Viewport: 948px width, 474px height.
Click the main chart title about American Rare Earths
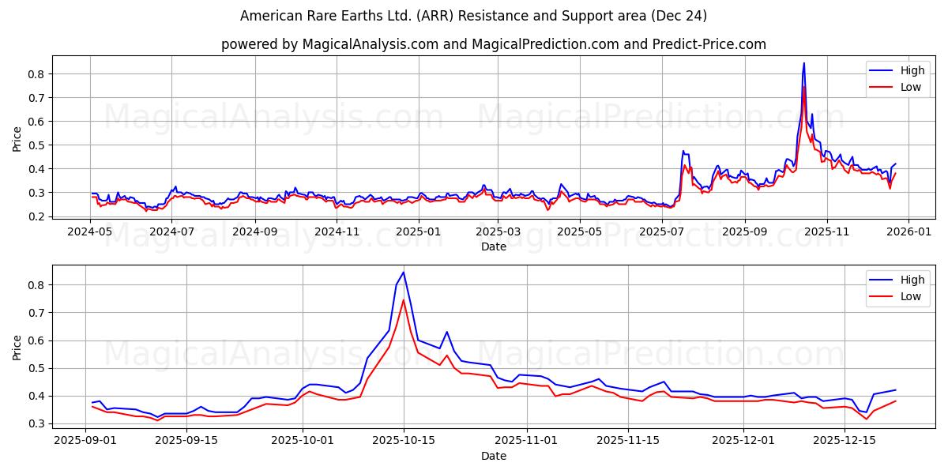tap(474, 16)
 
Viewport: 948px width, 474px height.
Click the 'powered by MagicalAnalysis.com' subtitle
tap(493, 44)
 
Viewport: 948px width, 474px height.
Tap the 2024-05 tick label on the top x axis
tap(89, 232)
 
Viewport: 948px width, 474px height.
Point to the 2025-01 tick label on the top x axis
tap(418, 232)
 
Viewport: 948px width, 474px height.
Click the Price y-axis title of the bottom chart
tap(17, 348)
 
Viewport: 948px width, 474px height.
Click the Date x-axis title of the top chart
tap(494, 246)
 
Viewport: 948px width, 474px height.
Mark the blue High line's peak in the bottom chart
tap(404, 273)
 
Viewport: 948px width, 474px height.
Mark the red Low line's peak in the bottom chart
tap(404, 299)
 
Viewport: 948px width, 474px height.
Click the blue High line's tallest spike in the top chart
tap(804, 63)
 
